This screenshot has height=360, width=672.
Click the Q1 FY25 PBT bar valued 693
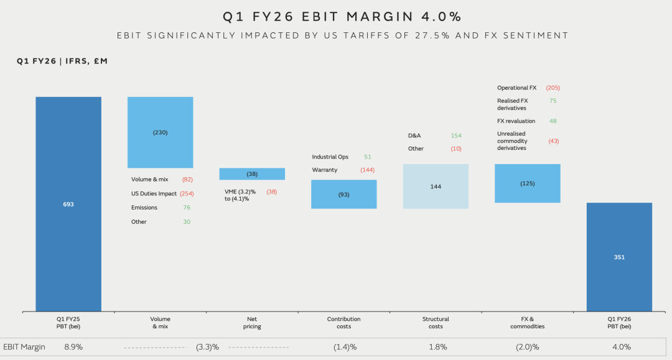point(68,204)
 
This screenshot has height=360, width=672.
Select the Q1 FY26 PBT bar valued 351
point(619,257)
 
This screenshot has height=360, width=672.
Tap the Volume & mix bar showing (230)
point(160,132)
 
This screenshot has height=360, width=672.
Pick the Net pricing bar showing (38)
point(252,174)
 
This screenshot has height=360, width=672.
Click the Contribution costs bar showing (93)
point(343,194)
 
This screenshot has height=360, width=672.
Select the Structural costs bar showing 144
point(436,186)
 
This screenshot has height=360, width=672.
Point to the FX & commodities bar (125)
point(528,183)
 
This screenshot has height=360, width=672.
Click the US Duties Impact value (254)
point(187,193)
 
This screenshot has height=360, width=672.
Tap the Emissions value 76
point(187,208)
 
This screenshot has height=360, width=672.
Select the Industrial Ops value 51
point(367,157)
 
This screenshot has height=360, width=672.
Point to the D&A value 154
point(456,135)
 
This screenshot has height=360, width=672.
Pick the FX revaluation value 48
point(553,121)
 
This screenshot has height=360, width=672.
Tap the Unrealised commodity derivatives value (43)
point(554,141)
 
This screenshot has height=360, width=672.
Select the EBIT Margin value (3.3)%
point(207,347)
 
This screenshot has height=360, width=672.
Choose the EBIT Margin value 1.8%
point(437,347)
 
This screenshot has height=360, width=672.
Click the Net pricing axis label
point(252,323)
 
